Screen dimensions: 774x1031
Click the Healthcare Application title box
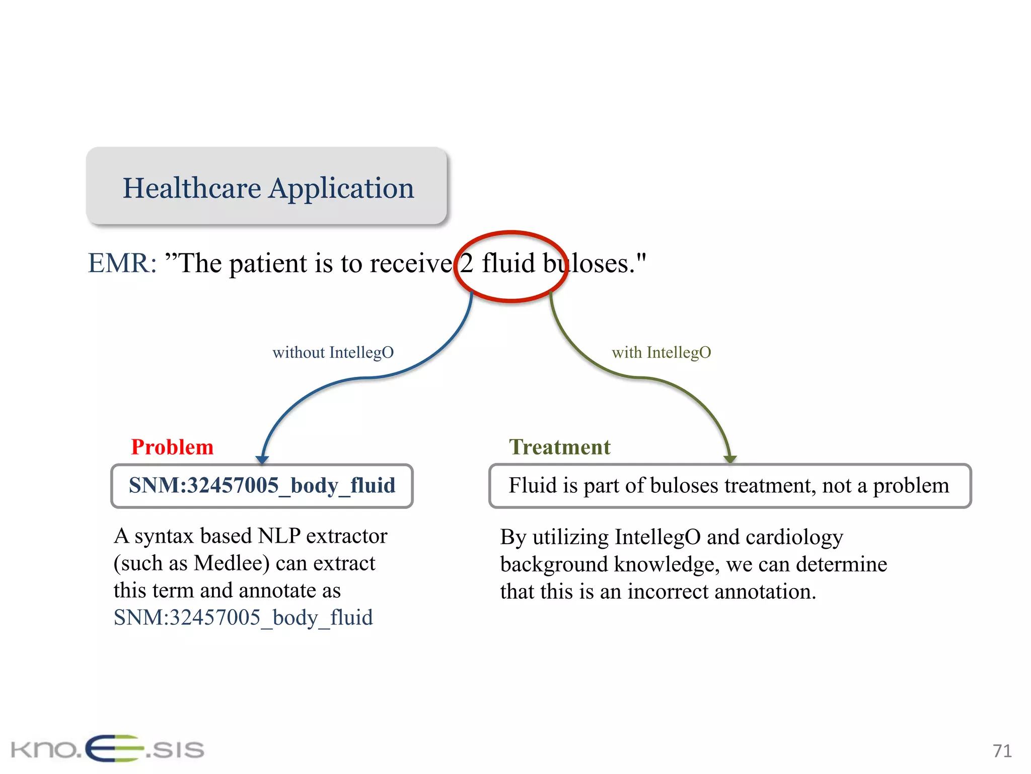click(x=266, y=186)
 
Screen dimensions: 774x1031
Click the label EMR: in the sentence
click(x=122, y=263)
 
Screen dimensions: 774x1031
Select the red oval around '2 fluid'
click(x=510, y=233)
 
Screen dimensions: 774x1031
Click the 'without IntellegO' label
click(x=333, y=352)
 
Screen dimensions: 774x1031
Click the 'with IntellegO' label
click(x=661, y=352)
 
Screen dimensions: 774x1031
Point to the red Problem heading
click(x=172, y=447)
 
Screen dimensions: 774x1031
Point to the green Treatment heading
click(x=559, y=447)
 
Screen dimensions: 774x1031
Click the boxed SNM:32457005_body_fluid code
click(x=262, y=485)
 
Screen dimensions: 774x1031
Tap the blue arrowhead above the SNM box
click(x=262, y=459)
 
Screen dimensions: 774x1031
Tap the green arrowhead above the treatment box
click(x=730, y=459)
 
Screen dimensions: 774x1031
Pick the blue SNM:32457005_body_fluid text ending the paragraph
click(x=243, y=617)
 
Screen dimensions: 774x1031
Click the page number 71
click(x=1002, y=751)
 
